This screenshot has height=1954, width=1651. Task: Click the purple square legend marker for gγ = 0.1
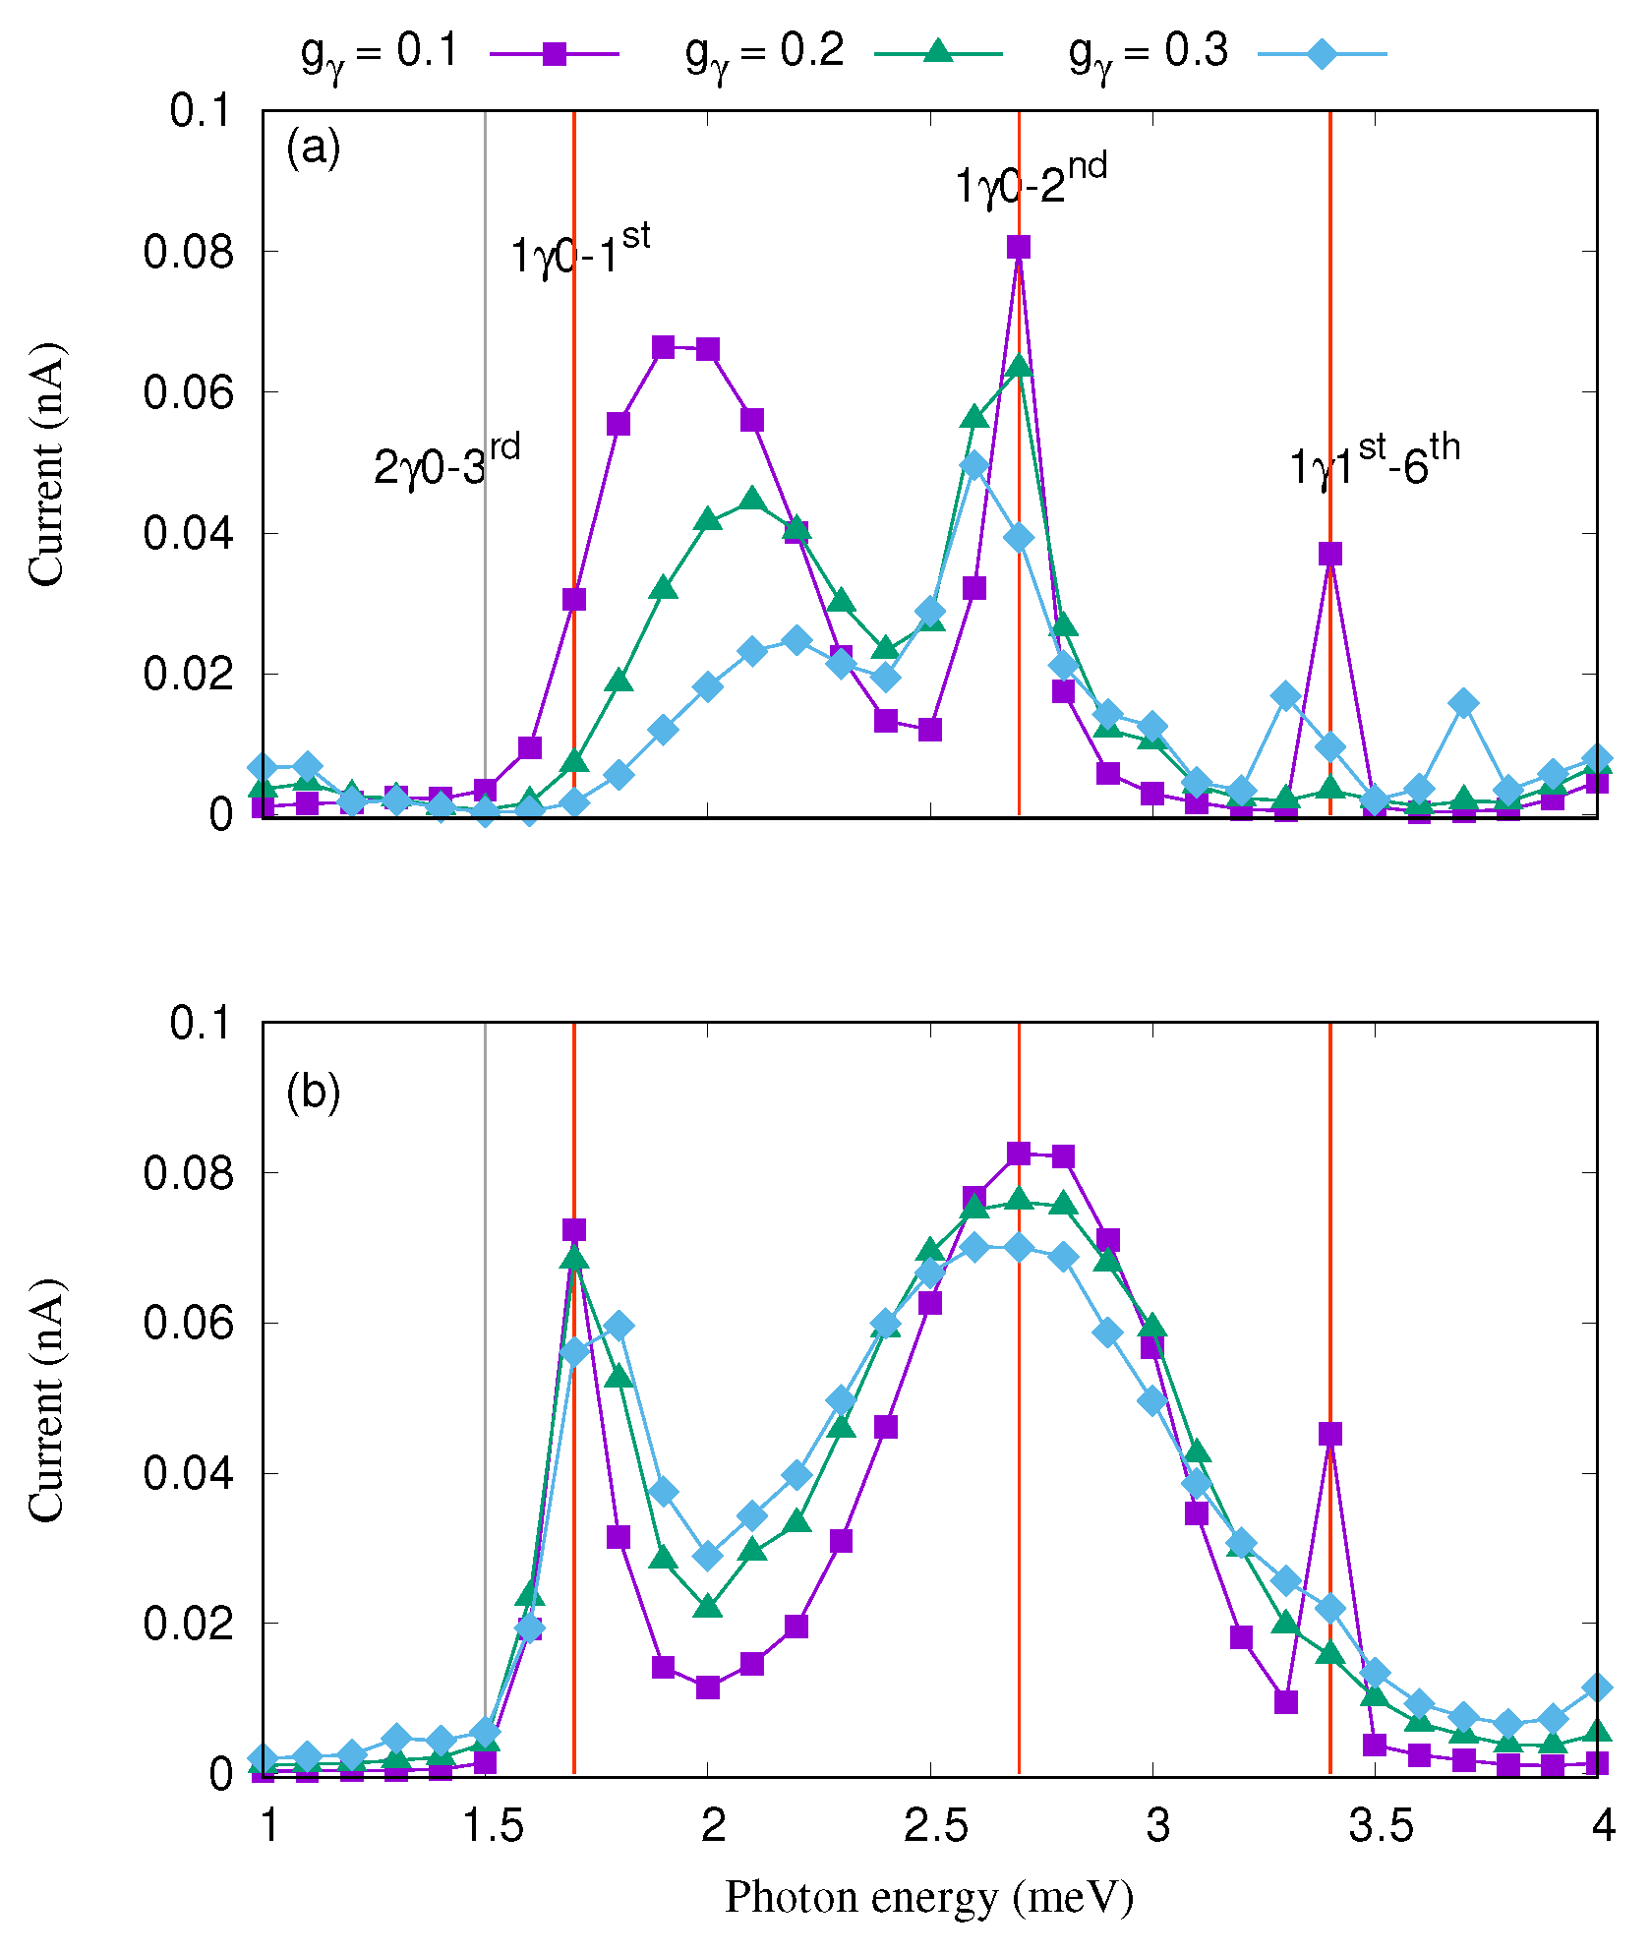555,53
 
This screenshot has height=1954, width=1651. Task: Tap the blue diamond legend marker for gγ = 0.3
1323,53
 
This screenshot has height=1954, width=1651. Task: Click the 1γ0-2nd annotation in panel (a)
1030,182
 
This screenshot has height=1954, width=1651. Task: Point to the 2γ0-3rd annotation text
445,463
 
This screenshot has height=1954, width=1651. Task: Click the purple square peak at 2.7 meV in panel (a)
1019,247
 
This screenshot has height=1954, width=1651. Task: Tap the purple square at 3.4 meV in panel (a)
1330,554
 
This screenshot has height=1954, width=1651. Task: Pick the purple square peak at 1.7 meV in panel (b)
574,1230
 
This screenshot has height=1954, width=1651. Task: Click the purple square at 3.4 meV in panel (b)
1330,1434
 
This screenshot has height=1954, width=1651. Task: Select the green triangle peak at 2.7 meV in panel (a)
1019,366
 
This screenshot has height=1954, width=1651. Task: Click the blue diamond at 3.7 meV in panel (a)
1463,703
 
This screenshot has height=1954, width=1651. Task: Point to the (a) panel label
313,148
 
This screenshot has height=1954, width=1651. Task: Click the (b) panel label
313,1092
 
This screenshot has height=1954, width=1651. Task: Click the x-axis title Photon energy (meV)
929,1897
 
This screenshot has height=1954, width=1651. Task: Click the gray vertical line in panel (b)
485,1377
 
